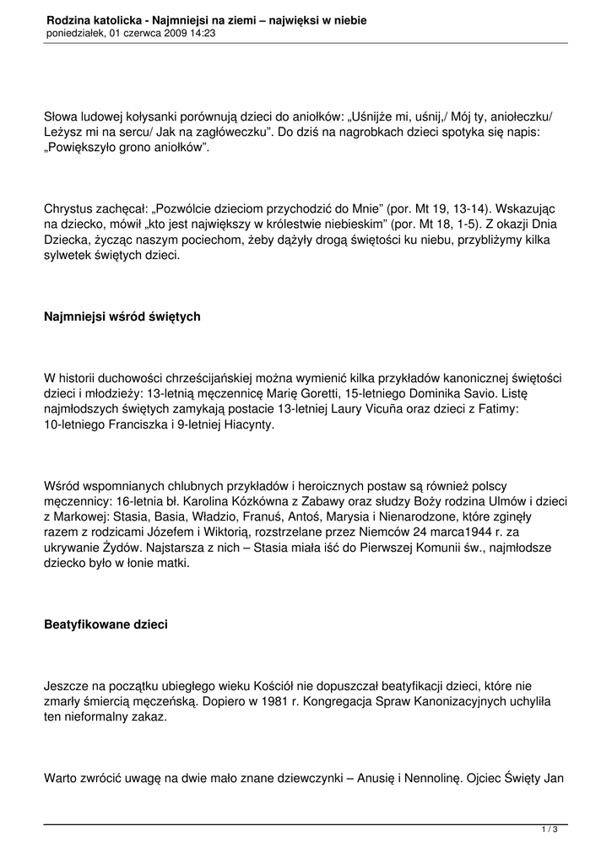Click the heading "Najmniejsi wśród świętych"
tap(122, 317)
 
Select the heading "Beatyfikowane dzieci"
tap(106, 625)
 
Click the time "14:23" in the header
tap(202, 33)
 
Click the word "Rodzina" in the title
tap(69, 19)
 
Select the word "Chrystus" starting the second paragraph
tap(69, 208)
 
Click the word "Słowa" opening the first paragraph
tap(62, 116)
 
